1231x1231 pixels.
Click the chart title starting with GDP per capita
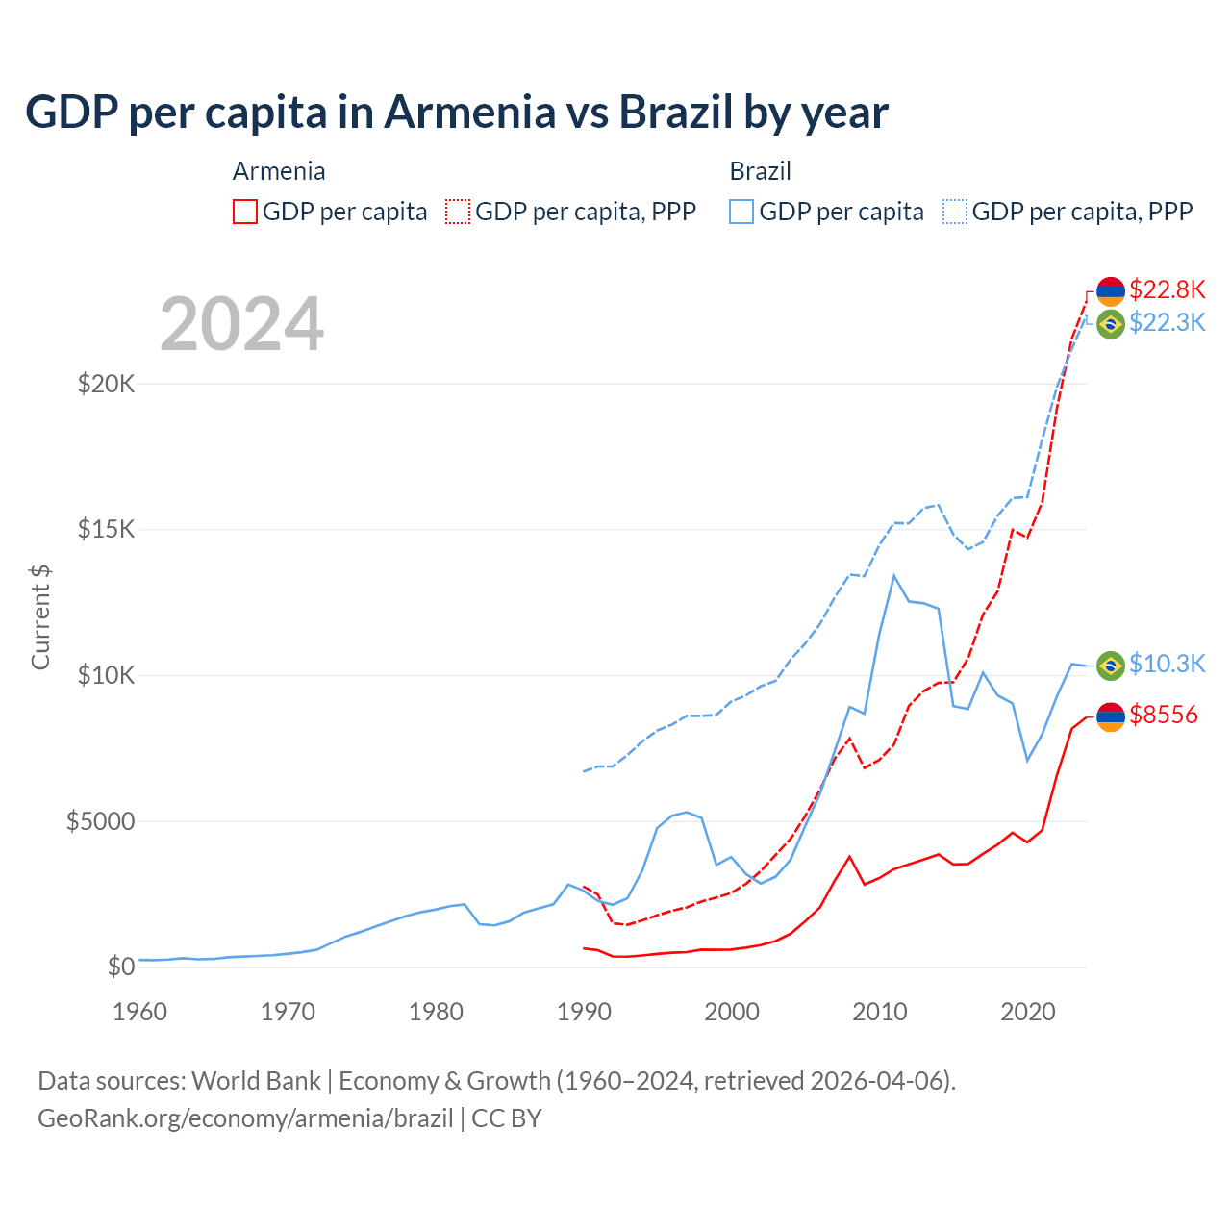[457, 112]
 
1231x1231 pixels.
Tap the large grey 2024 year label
[241, 324]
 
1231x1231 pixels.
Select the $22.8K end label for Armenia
[1167, 289]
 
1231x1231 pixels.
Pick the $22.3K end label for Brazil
[1167, 322]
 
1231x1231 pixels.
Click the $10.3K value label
[1167, 664]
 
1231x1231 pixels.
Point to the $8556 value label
[1164, 715]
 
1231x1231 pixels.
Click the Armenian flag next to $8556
[1111, 716]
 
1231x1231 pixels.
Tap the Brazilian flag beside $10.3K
[1111, 665]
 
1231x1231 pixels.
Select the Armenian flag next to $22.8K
[1111, 290]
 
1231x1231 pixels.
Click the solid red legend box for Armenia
[245, 212]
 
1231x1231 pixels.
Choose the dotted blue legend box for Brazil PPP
[955, 212]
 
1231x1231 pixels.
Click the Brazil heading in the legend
[760, 171]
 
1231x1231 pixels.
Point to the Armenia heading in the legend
[279, 171]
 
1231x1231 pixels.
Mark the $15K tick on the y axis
[107, 529]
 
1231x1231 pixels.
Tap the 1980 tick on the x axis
[437, 1012]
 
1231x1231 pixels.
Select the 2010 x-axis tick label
[880, 1012]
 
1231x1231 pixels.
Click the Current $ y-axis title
[40, 617]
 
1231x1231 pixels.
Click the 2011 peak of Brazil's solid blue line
[893, 576]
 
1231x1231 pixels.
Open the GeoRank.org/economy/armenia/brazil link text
[245, 1118]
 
